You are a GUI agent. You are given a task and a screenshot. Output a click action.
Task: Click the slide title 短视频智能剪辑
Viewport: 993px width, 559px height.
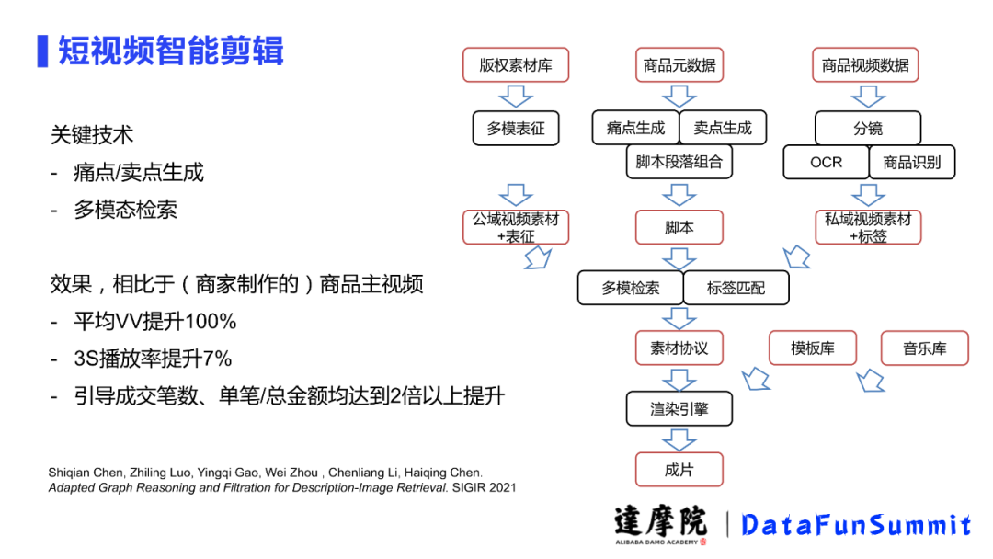171,51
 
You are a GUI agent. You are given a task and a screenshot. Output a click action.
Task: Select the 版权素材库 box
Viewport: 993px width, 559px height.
516,65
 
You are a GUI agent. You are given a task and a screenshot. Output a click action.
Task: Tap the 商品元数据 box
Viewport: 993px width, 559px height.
679,65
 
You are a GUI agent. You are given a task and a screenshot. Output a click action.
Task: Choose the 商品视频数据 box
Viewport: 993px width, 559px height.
865,65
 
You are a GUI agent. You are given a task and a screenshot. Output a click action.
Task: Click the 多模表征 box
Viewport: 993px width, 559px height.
516,129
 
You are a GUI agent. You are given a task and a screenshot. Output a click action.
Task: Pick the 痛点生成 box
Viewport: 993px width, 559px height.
635,129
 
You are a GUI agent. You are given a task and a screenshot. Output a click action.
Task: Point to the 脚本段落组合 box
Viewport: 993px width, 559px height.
679,163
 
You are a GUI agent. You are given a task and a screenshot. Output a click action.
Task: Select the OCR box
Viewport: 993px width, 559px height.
826,163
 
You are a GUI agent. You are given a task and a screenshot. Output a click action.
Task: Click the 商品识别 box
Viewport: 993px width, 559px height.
912,163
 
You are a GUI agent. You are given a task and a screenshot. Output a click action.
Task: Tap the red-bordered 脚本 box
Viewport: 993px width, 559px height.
679,227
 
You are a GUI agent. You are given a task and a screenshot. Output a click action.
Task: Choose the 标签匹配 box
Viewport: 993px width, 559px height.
736,288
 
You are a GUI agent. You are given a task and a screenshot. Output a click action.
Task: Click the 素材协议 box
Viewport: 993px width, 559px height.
679,348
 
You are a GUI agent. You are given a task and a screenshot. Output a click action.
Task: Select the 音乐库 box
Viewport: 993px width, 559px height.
924,348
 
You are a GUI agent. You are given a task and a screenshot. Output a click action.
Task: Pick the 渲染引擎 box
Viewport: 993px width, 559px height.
679,409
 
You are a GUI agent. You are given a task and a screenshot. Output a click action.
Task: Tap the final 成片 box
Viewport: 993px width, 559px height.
679,470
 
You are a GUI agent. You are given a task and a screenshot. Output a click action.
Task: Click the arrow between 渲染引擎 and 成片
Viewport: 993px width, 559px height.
679,439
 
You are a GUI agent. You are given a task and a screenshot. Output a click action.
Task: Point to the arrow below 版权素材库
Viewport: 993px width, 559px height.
516,96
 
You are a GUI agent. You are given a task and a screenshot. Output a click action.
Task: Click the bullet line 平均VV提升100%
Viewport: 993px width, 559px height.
155,322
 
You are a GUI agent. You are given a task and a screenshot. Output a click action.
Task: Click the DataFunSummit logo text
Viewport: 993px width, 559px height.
855,525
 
